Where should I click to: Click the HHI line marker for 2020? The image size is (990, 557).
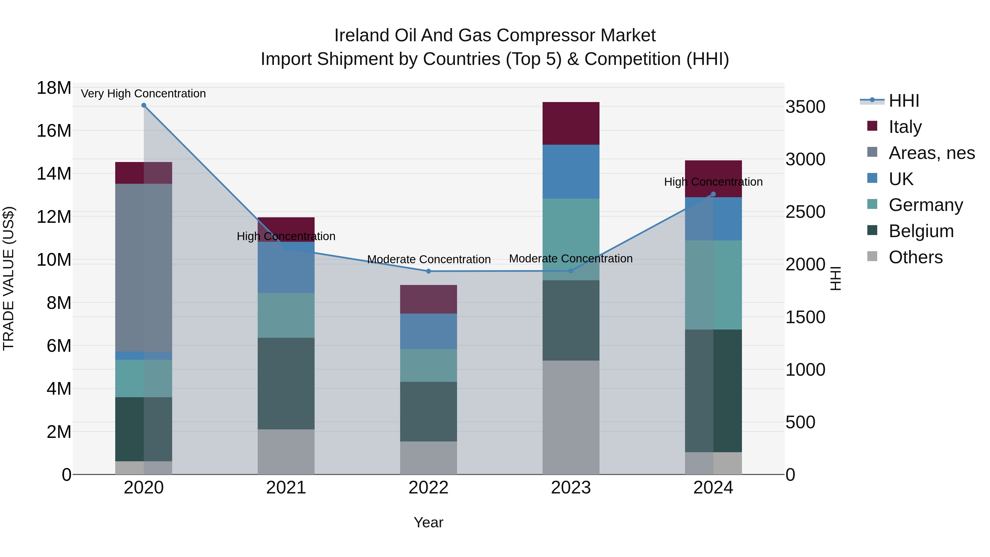pos(144,105)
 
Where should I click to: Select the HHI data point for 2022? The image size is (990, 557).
pos(428,271)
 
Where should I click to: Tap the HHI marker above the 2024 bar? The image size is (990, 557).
pos(713,194)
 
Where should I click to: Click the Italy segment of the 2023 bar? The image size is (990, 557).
pos(571,124)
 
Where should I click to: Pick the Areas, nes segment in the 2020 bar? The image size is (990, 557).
pos(144,268)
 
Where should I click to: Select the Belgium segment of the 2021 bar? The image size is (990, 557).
pos(286,384)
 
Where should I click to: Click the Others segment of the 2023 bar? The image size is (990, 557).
pos(571,418)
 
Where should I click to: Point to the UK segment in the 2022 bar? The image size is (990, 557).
pos(428,331)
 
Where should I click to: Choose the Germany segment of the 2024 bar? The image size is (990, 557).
pos(713,285)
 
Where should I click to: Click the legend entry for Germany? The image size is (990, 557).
pos(925,205)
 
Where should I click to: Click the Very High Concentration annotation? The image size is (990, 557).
pos(143,94)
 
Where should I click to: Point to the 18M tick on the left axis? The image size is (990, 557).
pos(54,88)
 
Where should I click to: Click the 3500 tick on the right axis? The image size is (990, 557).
pos(805,107)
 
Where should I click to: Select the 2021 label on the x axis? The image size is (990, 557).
pos(286,488)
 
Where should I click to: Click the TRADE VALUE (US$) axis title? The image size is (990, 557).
pos(9,278)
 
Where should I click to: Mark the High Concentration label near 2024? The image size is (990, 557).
pos(713,182)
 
